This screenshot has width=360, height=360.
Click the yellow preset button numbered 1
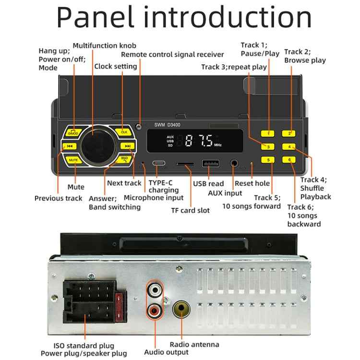(x=268, y=133)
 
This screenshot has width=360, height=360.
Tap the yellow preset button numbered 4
(x=289, y=147)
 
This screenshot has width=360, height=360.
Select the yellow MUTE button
(x=73, y=159)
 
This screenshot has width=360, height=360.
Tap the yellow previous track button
(x=70, y=146)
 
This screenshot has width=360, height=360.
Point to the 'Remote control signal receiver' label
(x=172, y=55)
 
